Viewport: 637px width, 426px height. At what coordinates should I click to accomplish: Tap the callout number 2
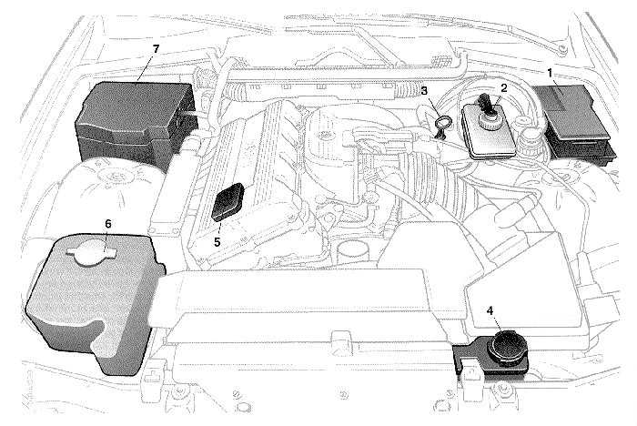point(502,87)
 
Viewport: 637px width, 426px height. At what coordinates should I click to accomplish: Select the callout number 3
point(424,90)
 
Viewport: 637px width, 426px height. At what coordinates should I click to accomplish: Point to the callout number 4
point(490,310)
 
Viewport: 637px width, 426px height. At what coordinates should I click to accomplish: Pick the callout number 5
point(217,242)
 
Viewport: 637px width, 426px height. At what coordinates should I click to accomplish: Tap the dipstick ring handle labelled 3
point(441,123)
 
